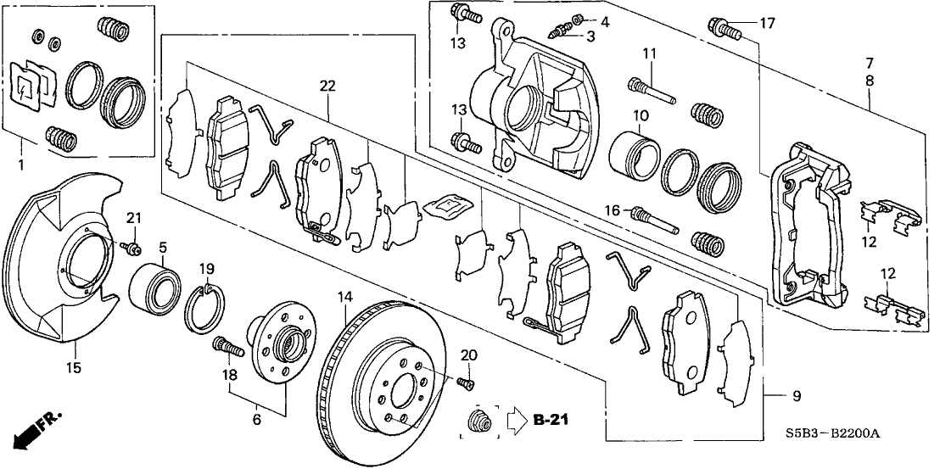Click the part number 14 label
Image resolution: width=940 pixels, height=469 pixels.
344,298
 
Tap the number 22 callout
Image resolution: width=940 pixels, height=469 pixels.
327,87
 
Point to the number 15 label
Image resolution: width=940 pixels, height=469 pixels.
74,367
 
